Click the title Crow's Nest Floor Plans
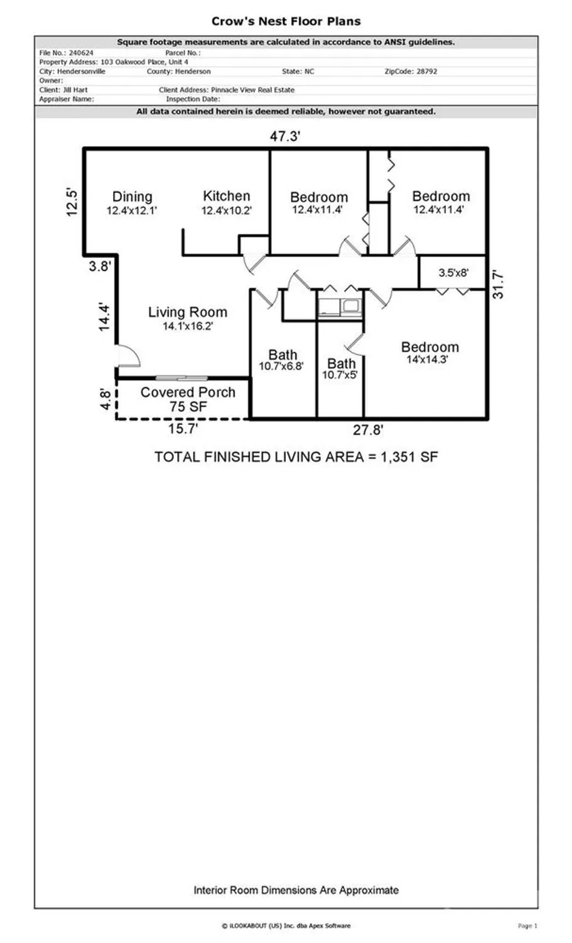click(x=286, y=21)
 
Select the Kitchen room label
click(x=226, y=196)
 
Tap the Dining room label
click(x=132, y=197)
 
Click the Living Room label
click(x=187, y=312)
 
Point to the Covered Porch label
click(x=188, y=392)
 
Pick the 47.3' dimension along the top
click(x=285, y=136)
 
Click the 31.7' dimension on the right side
click(x=498, y=284)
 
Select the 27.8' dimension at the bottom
click(x=367, y=431)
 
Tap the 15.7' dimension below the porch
click(x=183, y=429)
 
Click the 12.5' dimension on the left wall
click(x=73, y=202)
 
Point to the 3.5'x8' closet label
click(x=453, y=273)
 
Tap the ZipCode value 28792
click(x=426, y=72)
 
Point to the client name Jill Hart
click(x=75, y=90)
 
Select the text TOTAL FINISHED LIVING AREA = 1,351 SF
click(x=296, y=457)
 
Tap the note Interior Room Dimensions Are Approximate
click(x=296, y=890)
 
